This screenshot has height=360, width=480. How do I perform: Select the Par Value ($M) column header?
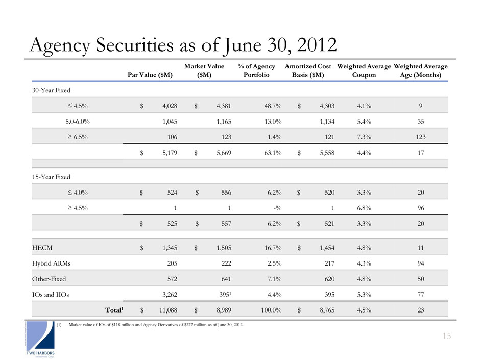pos(152,75)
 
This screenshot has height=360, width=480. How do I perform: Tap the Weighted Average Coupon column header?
pos(364,70)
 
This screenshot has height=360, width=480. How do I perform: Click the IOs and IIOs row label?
pos(53,294)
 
